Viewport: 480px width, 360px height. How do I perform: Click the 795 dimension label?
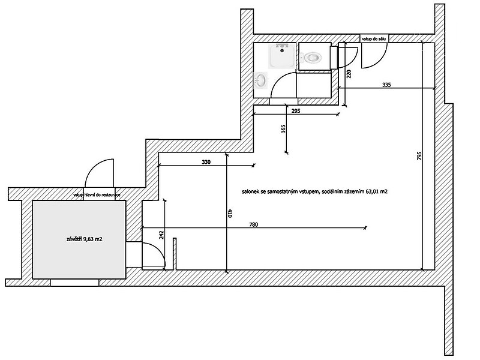pos(419,156)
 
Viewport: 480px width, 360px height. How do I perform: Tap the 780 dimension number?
pos(254,224)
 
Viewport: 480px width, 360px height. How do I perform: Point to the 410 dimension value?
pos(230,214)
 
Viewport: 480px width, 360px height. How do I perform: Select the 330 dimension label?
pos(206,162)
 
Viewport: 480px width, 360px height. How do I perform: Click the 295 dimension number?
pos(296,111)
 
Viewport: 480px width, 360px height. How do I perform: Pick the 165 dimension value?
pos(283,128)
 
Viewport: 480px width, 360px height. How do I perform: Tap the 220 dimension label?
pos(349,74)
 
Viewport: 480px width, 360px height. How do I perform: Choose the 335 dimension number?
pos(386,85)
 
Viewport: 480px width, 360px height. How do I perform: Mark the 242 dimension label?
pos(162,235)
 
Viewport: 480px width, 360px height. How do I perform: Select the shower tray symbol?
pos(282,56)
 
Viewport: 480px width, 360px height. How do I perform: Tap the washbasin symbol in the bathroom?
pos(261,80)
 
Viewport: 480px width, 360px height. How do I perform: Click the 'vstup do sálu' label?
pos(374,39)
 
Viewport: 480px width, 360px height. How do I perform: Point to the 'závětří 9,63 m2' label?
pos(84,239)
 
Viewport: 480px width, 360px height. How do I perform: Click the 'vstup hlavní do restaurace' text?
pos(97,194)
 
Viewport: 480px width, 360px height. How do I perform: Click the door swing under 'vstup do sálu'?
pos(374,55)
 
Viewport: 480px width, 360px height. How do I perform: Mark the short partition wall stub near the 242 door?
pos(175,254)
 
